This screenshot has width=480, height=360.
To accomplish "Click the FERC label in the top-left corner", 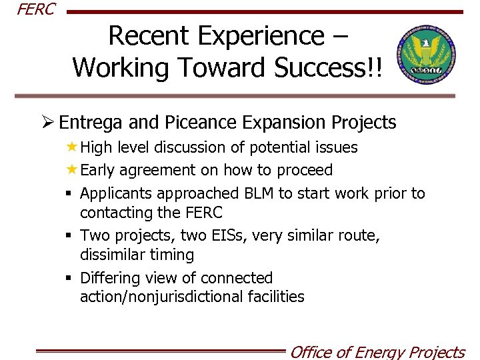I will click(x=36, y=10).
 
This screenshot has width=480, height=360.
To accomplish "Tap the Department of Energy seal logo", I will click(x=426, y=57).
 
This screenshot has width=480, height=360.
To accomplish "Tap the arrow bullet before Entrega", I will click(x=47, y=123).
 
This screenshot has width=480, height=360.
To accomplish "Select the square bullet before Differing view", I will click(x=70, y=278).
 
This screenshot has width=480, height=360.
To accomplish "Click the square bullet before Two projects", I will click(x=70, y=236).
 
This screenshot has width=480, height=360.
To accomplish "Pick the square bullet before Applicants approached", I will click(x=70, y=194).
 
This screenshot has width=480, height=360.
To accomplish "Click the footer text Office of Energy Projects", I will click(x=377, y=351).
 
